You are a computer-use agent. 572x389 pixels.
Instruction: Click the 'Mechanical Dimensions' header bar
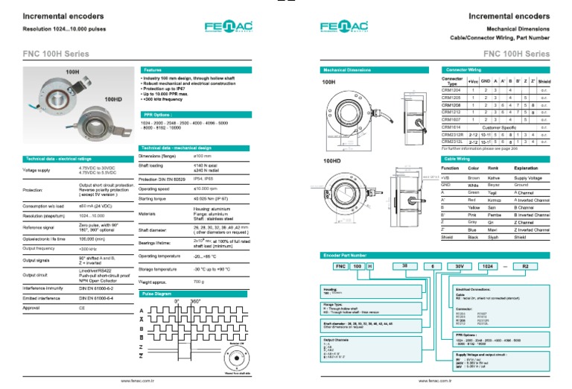pos(377,69)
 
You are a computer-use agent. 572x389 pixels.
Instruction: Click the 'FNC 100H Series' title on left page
pos(57,54)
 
